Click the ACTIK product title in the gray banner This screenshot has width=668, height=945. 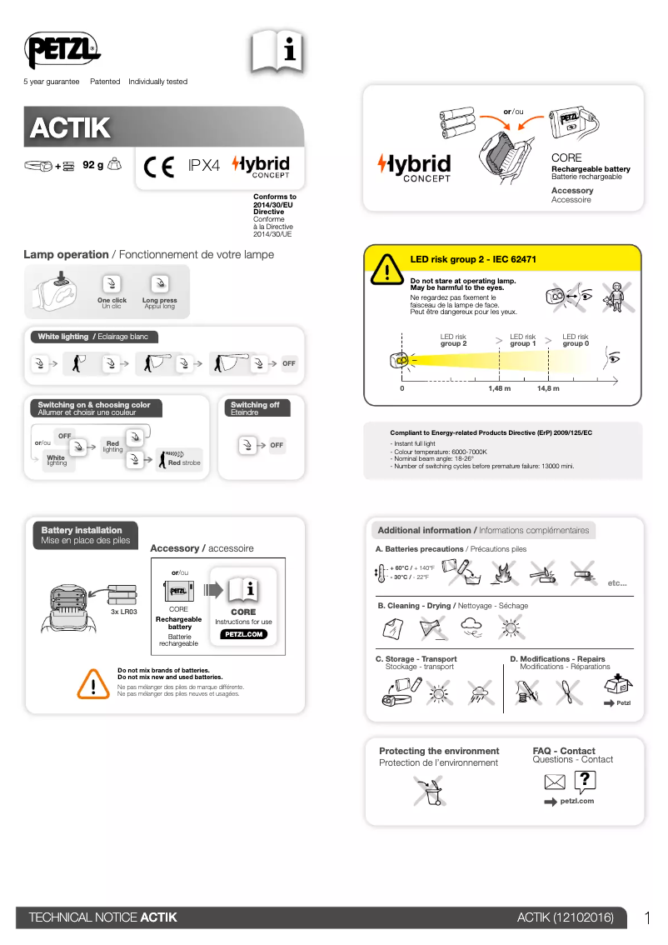coord(71,128)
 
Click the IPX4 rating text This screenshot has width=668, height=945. coord(203,166)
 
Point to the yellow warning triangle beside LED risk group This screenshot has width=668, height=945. coord(386,269)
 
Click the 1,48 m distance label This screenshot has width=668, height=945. coord(499,388)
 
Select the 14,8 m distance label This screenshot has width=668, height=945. coord(548,388)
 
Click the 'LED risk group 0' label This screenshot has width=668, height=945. coord(576,340)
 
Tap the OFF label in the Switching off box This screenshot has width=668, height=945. coord(277,445)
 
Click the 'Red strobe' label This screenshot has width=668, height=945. coord(184,462)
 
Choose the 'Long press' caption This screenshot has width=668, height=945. coord(159,300)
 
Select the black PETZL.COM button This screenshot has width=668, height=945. coord(243,634)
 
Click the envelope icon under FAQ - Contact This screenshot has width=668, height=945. coord(555,782)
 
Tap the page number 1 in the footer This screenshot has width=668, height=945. coord(647,917)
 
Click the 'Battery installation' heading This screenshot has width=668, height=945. coord(82,530)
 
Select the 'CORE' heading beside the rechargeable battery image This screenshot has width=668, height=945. coord(566,157)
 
